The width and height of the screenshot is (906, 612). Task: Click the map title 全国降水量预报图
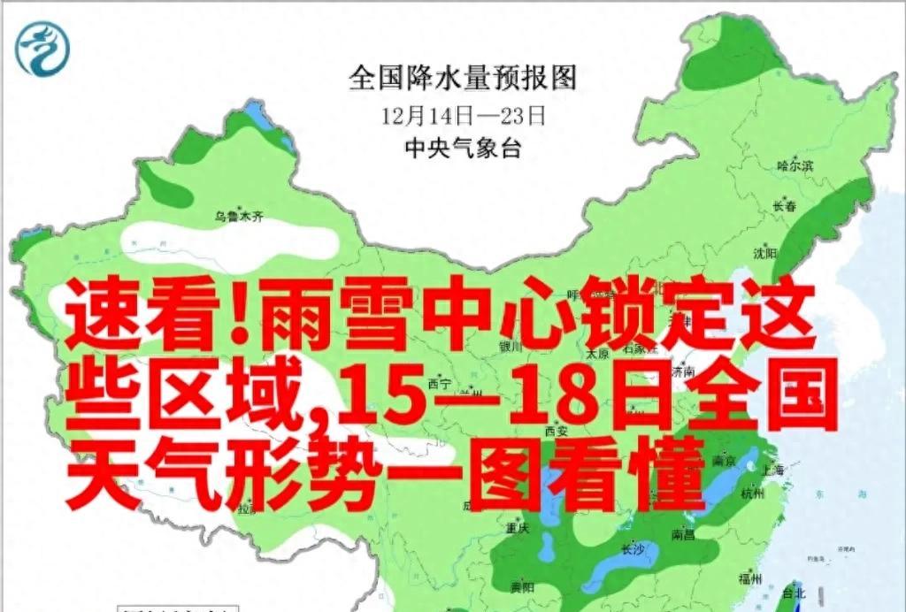(x=463, y=78)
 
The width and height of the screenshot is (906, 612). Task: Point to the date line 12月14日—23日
(x=463, y=115)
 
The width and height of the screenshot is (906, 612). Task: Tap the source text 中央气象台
(x=462, y=148)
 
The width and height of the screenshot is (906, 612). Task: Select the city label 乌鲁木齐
(x=240, y=216)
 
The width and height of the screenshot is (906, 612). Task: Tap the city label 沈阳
(x=764, y=253)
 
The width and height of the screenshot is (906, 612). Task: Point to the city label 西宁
(x=440, y=384)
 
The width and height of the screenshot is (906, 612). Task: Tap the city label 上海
(x=772, y=470)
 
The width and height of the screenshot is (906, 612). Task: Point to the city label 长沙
(x=633, y=548)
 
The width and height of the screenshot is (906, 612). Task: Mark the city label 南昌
(x=683, y=534)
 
